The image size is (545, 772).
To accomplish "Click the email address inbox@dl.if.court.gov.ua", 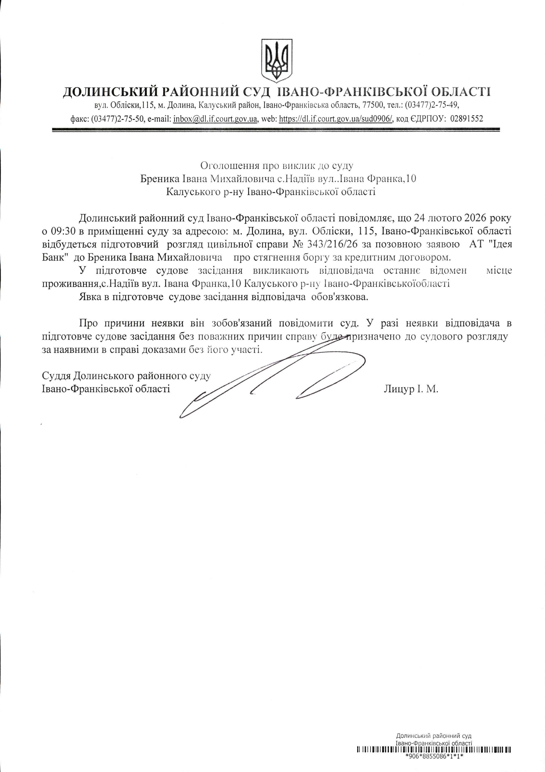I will coord(215,119).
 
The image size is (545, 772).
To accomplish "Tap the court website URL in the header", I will coord(336,119).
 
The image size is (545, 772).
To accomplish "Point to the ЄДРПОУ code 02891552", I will coord(466,119).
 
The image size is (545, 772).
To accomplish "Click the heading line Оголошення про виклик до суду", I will coord(277,165).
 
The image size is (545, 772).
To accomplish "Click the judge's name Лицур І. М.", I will coord(411,389).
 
